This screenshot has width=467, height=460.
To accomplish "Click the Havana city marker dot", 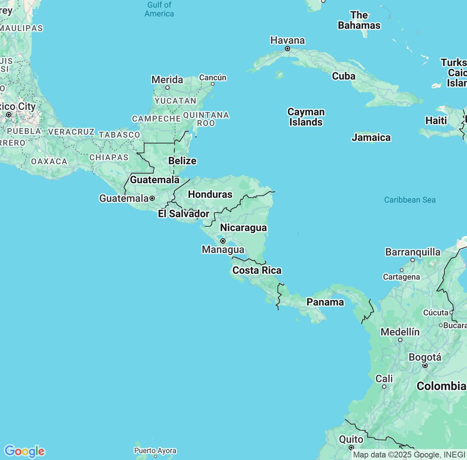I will pyautogui.click(x=287, y=49).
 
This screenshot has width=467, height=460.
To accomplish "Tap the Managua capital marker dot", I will pyautogui.click(x=223, y=241).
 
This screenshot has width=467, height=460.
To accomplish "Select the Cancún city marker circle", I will pyautogui.click(x=213, y=84).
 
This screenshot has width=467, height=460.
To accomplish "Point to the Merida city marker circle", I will pyautogui.click(x=167, y=88).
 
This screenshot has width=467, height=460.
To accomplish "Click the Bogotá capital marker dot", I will pyautogui.click(x=425, y=365).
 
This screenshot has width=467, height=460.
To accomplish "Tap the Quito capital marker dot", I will pyautogui.click(x=351, y=447).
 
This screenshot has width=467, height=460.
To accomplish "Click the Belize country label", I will pyautogui.click(x=182, y=161).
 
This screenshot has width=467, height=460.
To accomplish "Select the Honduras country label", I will pyautogui.click(x=210, y=194).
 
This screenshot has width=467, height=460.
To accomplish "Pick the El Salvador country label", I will pyautogui.click(x=184, y=214).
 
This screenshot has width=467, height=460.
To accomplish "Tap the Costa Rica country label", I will pyautogui.click(x=257, y=270).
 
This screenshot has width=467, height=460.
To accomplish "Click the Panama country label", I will pyautogui.click(x=325, y=302).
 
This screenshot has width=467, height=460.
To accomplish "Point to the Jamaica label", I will pyautogui.click(x=371, y=137).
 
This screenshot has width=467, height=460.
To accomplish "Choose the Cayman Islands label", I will pyautogui.click(x=306, y=117).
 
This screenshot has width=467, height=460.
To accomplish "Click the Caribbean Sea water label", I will pyautogui.click(x=410, y=200).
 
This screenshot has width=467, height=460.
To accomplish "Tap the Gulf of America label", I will pyautogui.click(x=159, y=9).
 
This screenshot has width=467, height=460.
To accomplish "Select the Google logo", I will pyautogui.click(x=24, y=451).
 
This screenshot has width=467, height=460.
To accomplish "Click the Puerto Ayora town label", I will pyautogui.click(x=155, y=451).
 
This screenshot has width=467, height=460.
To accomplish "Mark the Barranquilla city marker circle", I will pyautogui.click(x=413, y=260).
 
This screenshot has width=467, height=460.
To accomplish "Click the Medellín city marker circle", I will pyautogui.click(x=400, y=340).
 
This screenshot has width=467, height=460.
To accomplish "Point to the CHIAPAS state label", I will pyautogui.click(x=109, y=157).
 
